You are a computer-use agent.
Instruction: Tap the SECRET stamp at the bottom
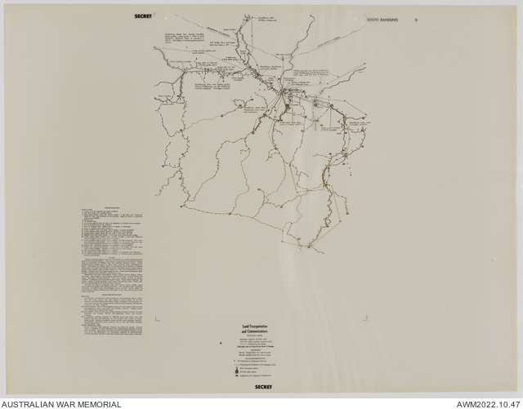(263, 386)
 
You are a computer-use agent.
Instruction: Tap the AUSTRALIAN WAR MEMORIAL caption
(61, 403)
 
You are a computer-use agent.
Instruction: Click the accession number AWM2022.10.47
(484, 403)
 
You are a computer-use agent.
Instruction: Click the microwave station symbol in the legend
(237, 368)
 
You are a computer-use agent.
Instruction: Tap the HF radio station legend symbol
(237, 371)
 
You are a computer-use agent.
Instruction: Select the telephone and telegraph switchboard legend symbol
(237, 376)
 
